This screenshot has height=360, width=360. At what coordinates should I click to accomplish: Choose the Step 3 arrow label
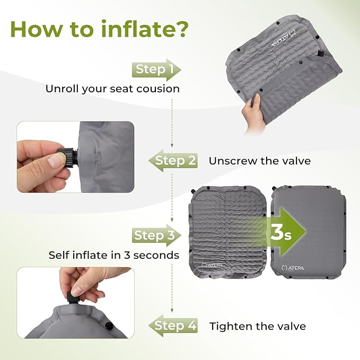[x=154, y=235]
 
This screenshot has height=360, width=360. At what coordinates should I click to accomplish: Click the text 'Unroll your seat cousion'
[x=112, y=89]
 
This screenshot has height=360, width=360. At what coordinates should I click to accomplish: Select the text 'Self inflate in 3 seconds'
[x=113, y=255]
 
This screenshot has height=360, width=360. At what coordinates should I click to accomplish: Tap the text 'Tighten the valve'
[x=257, y=326]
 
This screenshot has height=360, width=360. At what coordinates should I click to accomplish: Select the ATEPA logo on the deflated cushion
[x=208, y=265]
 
